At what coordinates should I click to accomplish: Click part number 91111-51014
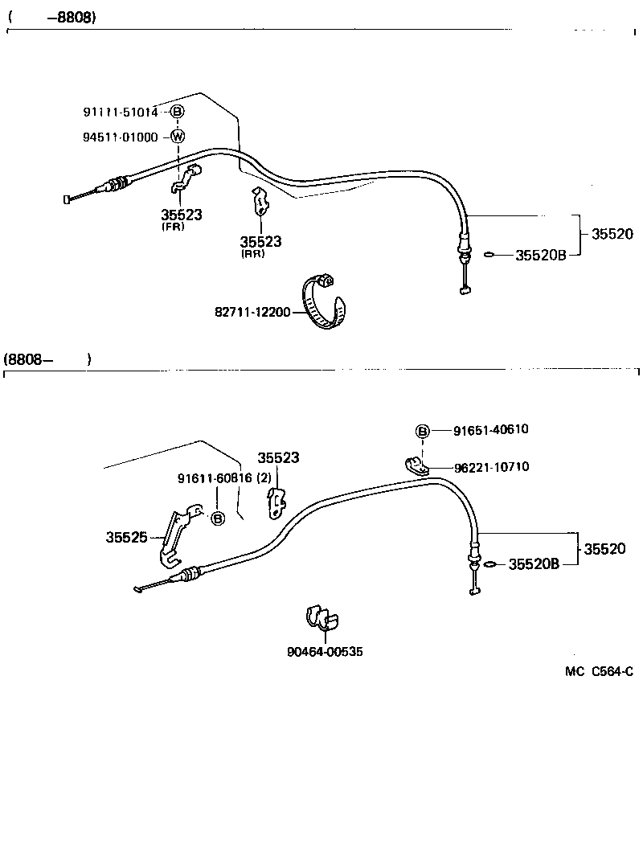121,112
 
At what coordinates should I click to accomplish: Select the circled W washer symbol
178,136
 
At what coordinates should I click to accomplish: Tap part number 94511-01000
121,137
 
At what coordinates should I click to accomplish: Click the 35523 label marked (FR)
181,215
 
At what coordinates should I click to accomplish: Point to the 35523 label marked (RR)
260,241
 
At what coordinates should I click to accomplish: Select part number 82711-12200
252,312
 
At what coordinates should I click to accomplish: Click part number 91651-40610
491,430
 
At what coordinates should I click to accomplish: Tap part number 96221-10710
491,467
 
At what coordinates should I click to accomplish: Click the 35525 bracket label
126,537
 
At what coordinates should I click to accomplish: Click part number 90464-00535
325,652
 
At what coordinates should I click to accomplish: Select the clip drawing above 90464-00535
321,617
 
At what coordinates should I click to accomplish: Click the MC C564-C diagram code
599,671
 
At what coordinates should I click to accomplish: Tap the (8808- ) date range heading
48,360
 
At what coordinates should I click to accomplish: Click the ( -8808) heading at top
52,17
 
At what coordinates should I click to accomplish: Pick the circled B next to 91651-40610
423,431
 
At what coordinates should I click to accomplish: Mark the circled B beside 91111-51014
178,112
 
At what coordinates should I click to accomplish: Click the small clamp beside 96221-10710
416,464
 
